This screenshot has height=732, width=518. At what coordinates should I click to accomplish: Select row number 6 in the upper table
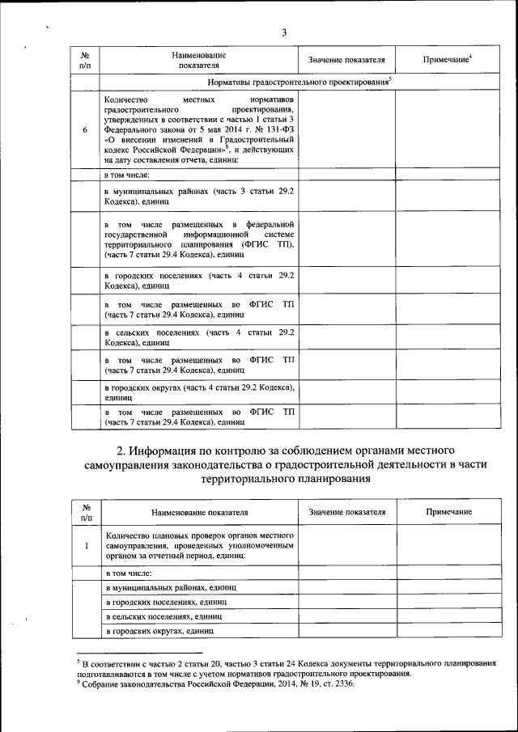pyautogui.click(x=85, y=130)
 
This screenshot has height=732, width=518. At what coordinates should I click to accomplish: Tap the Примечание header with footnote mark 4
pyautogui.click(x=448, y=60)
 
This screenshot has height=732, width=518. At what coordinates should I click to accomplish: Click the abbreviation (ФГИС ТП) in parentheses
pyautogui.click(x=267, y=243)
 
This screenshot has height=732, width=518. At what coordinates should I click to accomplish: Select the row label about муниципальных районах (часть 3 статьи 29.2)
pyautogui.click(x=199, y=193)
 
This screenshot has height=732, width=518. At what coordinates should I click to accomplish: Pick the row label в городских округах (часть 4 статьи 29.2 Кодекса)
pyautogui.click(x=199, y=392)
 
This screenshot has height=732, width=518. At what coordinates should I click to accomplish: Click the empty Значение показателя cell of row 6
pyautogui.click(x=347, y=130)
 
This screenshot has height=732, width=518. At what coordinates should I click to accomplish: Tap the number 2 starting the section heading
pyautogui.click(x=121, y=450)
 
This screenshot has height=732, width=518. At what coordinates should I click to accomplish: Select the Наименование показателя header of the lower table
pyautogui.click(x=199, y=513)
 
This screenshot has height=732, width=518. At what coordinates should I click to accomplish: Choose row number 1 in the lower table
pyautogui.click(x=85, y=545)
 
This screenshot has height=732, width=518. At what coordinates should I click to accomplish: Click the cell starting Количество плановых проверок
pyautogui.click(x=199, y=545)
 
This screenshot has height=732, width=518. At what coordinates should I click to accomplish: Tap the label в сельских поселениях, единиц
pyautogui.click(x=152, y=616)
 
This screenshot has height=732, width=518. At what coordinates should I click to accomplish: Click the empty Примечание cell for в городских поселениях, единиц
pyautogui.click(x=448, y=602)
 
